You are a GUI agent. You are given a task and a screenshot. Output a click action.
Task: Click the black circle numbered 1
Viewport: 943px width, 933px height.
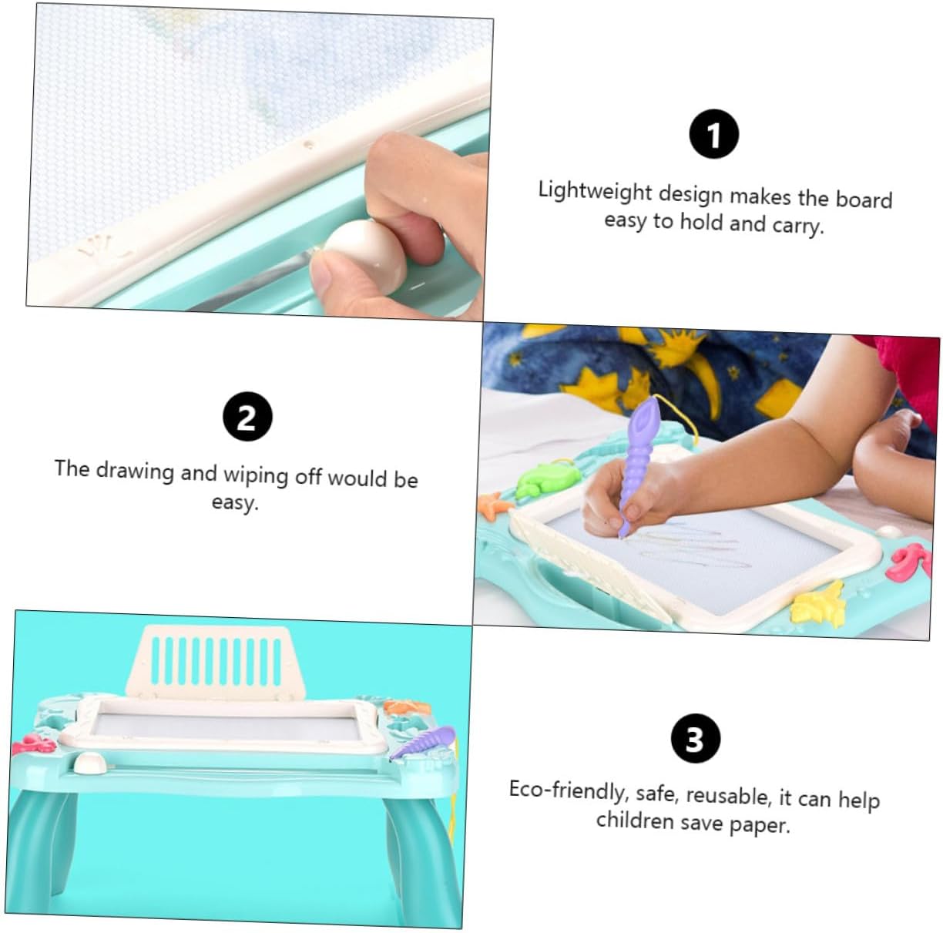713,133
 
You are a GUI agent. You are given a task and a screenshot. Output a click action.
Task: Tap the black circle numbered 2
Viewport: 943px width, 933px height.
247,416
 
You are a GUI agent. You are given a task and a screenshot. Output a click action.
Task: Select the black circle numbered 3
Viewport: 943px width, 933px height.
696,738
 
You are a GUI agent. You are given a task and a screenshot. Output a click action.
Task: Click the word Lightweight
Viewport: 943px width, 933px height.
595,191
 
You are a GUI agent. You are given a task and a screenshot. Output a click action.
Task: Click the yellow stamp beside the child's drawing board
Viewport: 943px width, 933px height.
819,605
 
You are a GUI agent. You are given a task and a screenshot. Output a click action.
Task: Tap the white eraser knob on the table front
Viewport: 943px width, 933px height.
89,764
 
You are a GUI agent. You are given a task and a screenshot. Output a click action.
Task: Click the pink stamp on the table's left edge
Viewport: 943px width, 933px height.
34,745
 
